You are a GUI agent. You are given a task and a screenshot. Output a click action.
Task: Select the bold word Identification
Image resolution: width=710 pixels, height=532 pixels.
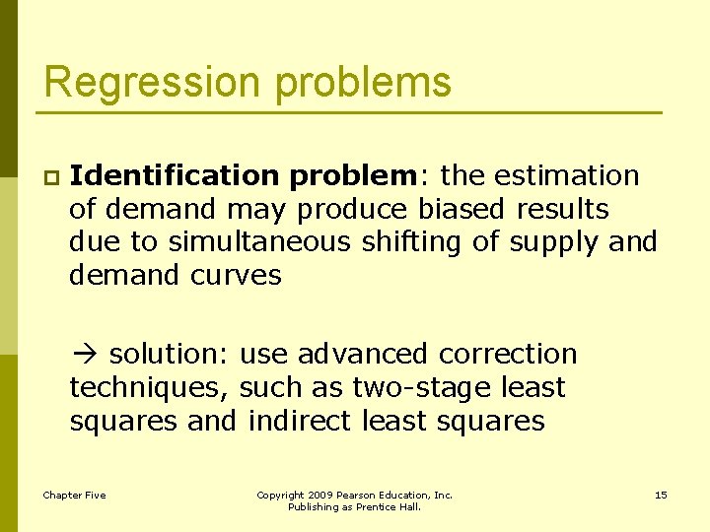pyautogui.click(x=175, y=176)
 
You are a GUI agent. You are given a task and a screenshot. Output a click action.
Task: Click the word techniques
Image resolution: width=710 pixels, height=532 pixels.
pyautogui.click(x=149, y=387)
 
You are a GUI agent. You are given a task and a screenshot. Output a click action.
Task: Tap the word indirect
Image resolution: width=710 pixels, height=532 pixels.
pyautogui.click(x=301, y=421)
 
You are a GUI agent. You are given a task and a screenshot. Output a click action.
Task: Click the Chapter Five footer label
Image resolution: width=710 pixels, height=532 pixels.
pyautogui.click(x=74, y=495)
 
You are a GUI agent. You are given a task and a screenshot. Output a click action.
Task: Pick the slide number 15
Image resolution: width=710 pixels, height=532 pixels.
pyautogui.click(x=661, y=495)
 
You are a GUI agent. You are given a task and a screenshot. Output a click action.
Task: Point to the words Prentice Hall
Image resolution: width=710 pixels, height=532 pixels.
pyautogui.click(x=392, y=507)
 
